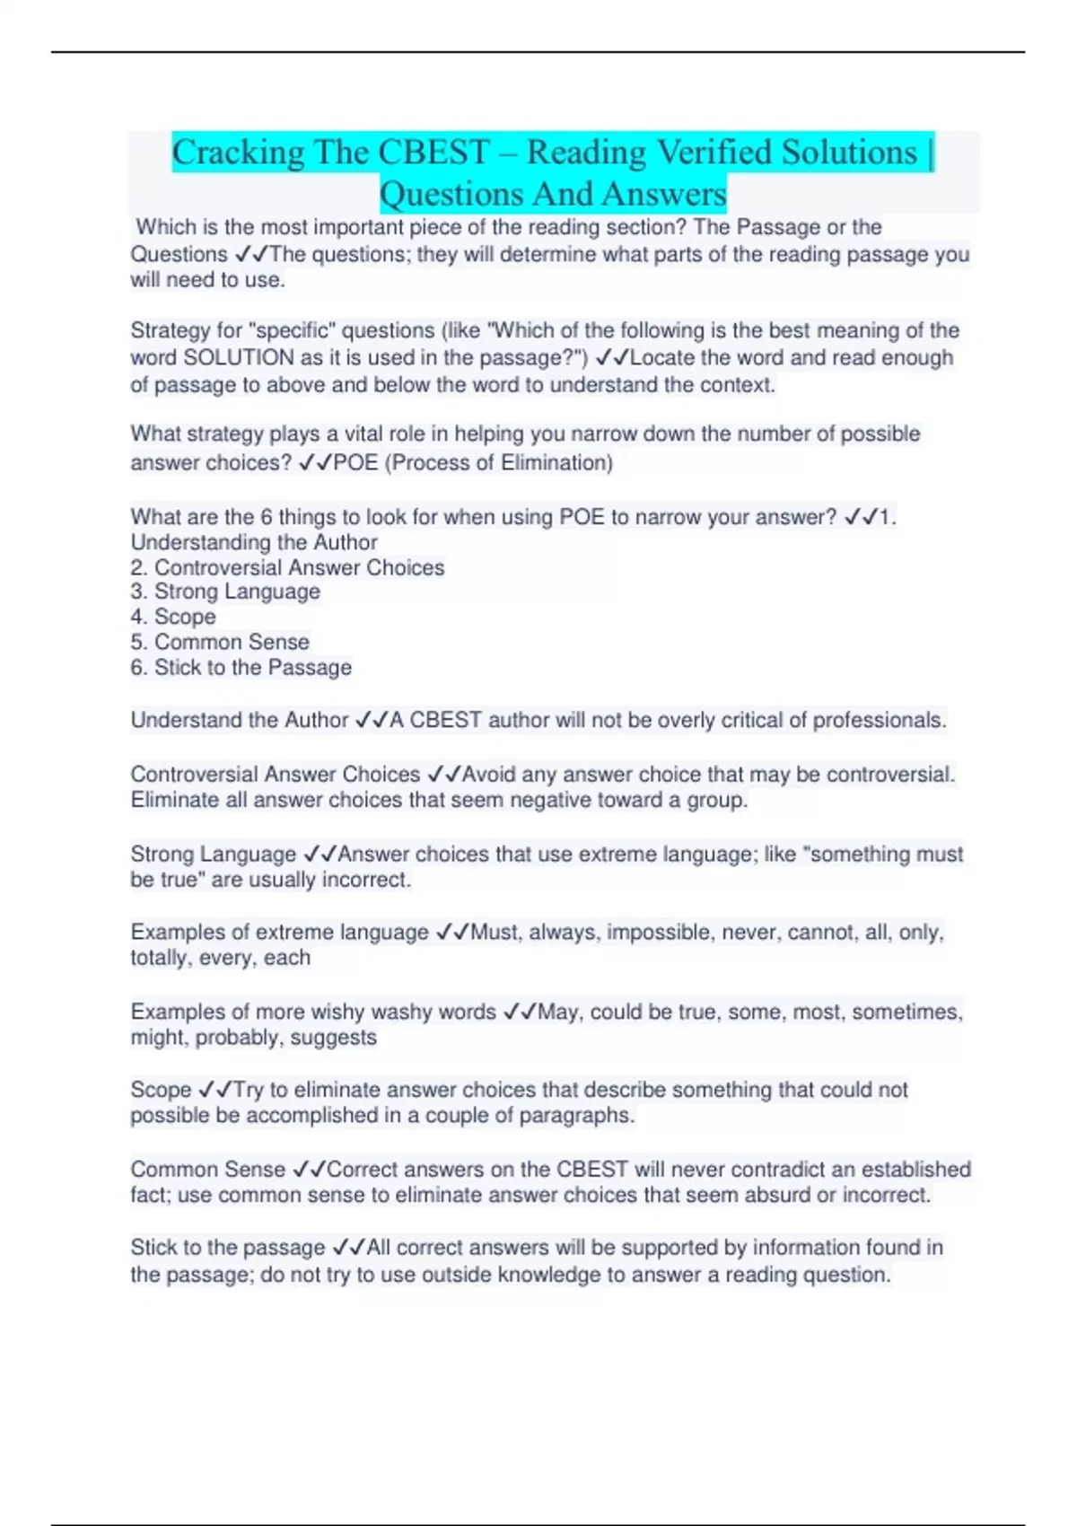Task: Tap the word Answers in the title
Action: [664, 194]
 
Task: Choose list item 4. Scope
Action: [173, 617]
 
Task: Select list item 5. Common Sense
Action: [220, 642]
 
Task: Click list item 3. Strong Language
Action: [225, 592]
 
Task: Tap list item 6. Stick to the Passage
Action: [241, 668]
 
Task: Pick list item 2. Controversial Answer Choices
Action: [287, 567]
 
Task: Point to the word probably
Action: [237, 1038]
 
